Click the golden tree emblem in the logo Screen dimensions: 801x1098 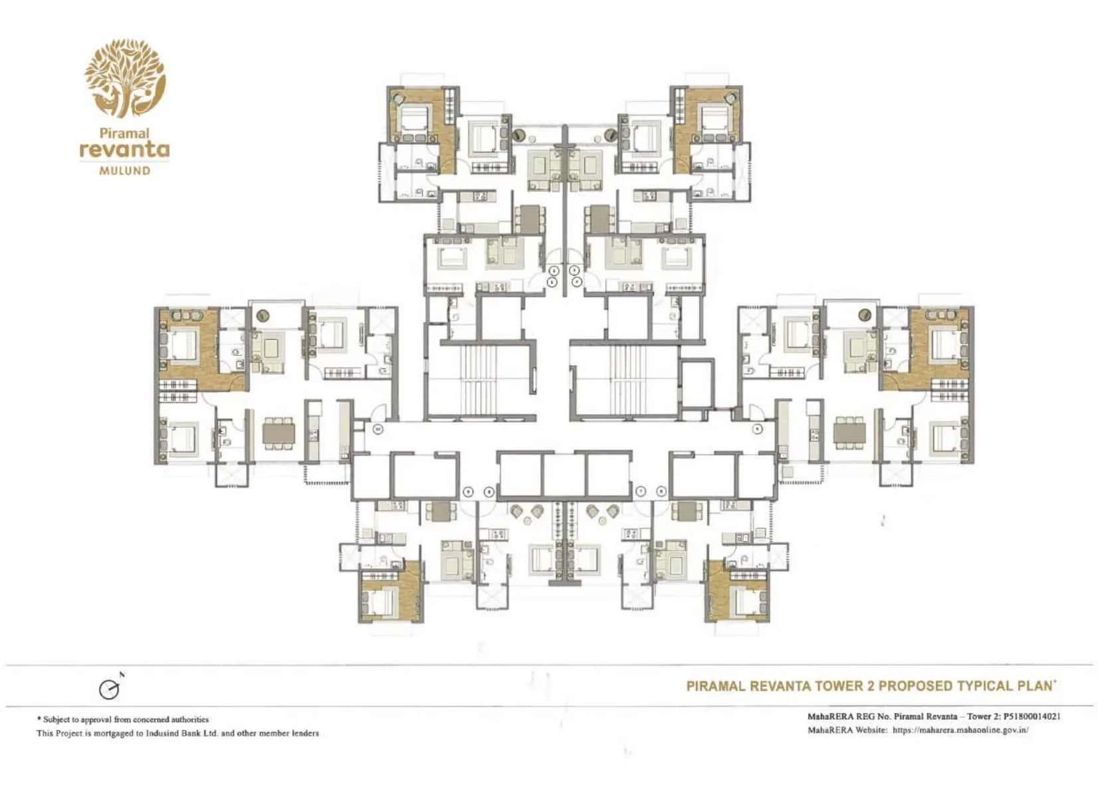[x=124, y=78]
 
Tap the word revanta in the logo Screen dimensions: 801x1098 [x=124, y=149]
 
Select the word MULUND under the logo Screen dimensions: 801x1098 [x=124, y=171]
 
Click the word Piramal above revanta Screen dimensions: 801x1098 [x=124, y=133]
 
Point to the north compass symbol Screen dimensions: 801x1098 [x=110, y=689]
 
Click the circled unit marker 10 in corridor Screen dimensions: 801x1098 [x=378, y=429]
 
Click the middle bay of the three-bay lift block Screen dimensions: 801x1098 [x=564, y=474]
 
